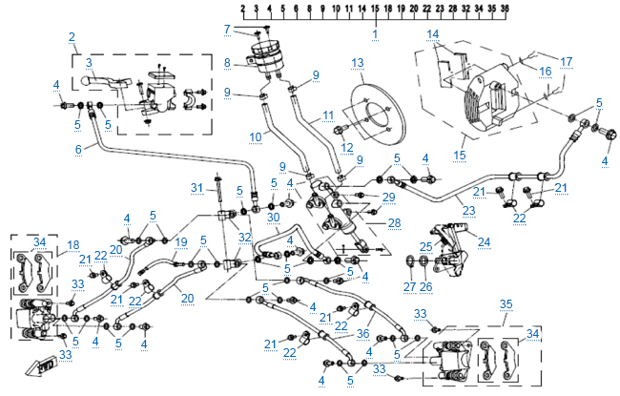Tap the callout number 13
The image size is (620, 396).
coord(358,63)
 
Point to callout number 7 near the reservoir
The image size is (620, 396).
coord(227,29)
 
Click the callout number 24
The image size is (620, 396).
coord(486,242)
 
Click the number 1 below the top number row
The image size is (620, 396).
coord(375,34)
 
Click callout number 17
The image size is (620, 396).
coord(567,63)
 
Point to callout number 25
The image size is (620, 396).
coord(426,247)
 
